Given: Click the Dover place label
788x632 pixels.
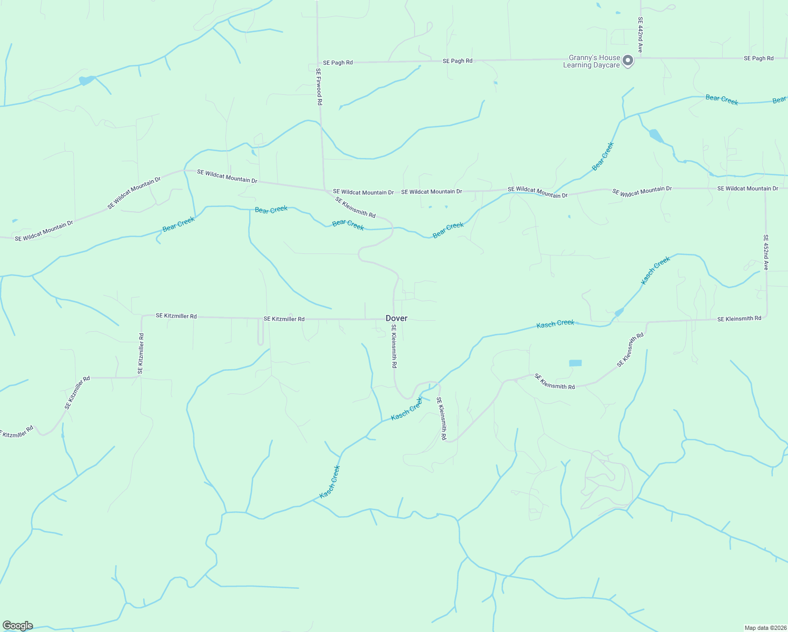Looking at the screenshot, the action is pos(396,318).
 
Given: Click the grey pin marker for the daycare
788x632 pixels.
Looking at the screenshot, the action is pos(627,61).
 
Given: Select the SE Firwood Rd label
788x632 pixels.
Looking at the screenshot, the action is pos(319,87).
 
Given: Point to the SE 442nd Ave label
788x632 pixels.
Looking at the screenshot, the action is pos(640,35).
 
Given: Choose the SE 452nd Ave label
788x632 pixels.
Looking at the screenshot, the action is pos(765,253).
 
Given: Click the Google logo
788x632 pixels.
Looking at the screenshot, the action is pos(18,625).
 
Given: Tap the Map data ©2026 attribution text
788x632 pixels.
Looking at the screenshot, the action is pos(765,628).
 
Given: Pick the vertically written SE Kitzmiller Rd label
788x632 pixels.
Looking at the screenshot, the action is pos(141,353).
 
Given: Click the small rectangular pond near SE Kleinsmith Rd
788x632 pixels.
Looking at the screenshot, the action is pos(575,363).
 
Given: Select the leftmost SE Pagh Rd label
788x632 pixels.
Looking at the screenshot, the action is pos(338,63).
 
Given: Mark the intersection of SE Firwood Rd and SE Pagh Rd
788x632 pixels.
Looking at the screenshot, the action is pos(318,63).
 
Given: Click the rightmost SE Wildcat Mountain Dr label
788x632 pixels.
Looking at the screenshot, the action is pos(747,189).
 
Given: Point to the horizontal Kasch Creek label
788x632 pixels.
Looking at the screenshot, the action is pos(555,323).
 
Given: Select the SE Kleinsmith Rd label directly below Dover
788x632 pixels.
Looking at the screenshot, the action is pos(393,346).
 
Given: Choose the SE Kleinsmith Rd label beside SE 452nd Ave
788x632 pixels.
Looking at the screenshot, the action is pos(739,319).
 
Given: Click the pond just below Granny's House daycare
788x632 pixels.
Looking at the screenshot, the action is pos(656,136).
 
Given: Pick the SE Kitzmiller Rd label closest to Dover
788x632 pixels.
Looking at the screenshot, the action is pos(284,319).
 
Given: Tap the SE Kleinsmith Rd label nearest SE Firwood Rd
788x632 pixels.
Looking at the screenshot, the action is pos(355,207).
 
